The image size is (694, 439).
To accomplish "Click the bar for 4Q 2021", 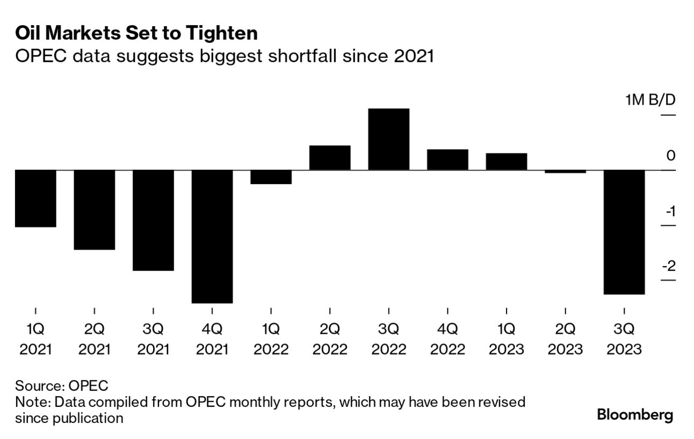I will point(212,236).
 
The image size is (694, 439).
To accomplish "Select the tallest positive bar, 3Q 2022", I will point(388,139).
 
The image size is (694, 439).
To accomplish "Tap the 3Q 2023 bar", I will point(624,232).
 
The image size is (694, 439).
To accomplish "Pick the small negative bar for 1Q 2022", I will point(271,177).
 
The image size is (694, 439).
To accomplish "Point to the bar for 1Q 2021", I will point(35,198).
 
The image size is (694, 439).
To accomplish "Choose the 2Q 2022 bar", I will point(330,158).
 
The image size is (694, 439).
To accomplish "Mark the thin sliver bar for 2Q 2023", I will point(565,172).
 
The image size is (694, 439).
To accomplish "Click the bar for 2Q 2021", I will point(95,209).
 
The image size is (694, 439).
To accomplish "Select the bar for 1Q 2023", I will point(507,162).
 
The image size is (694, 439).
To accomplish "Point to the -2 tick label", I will point(670,266).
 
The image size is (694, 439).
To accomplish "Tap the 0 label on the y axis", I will point(671,156).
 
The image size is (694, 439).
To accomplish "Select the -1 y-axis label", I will point(670,211).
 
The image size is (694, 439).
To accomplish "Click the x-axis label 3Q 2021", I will point(153,339).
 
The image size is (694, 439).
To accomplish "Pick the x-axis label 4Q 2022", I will point(447,339).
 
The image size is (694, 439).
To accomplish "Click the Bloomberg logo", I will point(635,415).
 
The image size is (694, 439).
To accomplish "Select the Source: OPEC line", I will point(62,385).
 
